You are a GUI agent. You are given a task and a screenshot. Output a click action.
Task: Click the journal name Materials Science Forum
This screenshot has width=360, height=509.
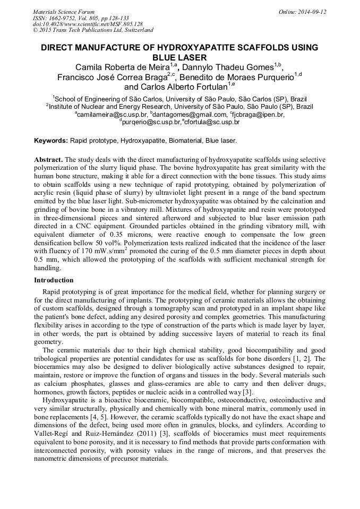point(64,11)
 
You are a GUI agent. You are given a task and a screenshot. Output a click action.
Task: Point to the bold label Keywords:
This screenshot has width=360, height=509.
point(51,141)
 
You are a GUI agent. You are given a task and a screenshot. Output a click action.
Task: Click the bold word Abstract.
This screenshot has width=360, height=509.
point(48,160)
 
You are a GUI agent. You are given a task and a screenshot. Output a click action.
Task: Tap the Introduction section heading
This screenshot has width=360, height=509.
point(54,280)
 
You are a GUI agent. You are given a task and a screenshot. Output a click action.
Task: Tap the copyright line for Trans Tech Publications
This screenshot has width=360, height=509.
point(93,30)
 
